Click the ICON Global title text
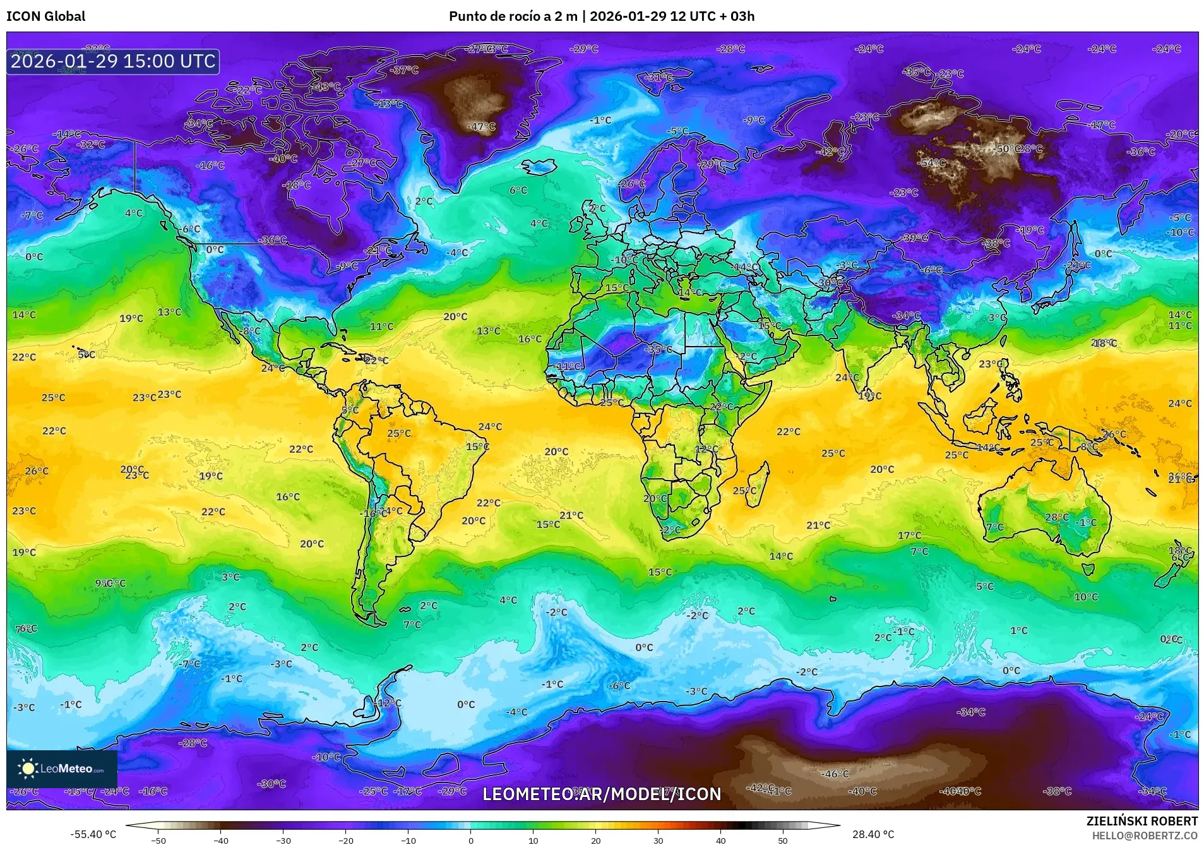[x=45, y=16]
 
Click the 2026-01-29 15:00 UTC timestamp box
[x=113, y=61]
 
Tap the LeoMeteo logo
[x=62, y=769]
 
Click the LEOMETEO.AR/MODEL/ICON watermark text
[x=601, y=794]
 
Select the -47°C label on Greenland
[x=481, y=126]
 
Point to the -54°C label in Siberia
[x=933, y=163]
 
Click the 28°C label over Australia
[x=1057, y=517]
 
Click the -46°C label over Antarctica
[x=835, y=774]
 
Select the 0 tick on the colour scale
[x=471, y=840]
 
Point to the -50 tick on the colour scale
[x=159, y=840]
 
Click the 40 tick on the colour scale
[x=720, y=840]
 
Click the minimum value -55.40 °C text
[x=93, y=834]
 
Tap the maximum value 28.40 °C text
[x=873, y=834]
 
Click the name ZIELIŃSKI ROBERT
[x=1141, y=821]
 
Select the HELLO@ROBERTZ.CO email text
[x=1145, y=836]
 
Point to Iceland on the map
[x=539, y=167]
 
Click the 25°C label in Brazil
[x=399, y=434]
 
